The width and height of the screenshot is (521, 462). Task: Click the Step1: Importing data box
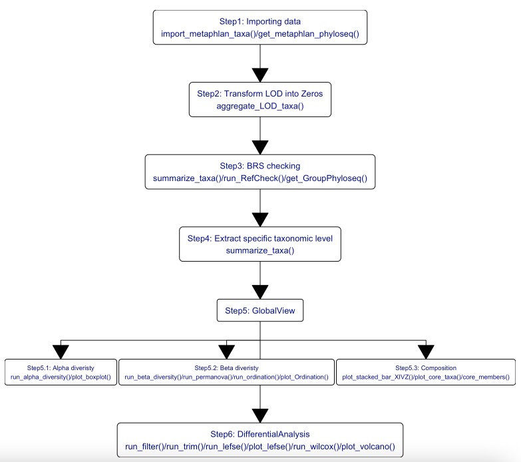coord(260,27)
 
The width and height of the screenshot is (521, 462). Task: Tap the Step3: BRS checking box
coord(260,172)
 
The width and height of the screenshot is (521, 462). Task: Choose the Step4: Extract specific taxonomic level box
coord(260,244)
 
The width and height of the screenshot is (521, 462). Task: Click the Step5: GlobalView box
coord(260,310)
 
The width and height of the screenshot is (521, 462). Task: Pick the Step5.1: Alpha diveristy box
coord(61,373)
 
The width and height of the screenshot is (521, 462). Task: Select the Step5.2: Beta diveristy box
coord(226,373)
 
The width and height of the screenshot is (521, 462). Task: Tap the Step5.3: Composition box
coord(426,373)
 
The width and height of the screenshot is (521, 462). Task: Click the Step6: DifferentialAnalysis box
coord(260,439)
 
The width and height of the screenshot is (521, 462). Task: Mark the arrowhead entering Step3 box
coord(260,146)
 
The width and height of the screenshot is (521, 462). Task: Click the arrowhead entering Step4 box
coord(260,218)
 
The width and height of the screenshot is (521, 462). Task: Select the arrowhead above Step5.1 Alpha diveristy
coord(61,351)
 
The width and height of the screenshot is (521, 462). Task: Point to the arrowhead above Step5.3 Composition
coord(426,351)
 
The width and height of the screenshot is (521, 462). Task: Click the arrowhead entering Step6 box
coord(260,414)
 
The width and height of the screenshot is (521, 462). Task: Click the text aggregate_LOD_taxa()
coord(260,107)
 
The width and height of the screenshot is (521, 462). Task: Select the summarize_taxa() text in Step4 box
coord(260,251)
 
